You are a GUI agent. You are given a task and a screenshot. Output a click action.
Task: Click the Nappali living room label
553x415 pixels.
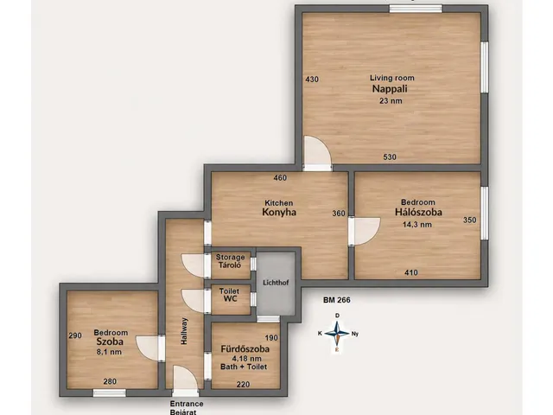(390, 88)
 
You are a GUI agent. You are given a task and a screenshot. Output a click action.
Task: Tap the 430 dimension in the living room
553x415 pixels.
(312, 80)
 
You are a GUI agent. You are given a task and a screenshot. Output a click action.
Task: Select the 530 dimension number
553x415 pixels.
(390, 157)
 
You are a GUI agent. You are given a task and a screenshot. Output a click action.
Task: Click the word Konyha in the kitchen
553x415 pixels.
(279, 212)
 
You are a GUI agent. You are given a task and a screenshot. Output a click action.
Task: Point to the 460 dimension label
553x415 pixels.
(280, 178)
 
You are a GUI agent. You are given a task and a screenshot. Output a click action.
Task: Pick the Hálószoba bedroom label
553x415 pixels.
(418, 212)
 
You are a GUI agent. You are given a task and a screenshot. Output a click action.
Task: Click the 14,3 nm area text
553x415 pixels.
(417, 225)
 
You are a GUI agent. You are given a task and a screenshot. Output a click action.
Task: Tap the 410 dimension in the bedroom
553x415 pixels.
(411, 272)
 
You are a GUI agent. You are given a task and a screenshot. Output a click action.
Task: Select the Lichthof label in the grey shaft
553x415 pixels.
(276, 283)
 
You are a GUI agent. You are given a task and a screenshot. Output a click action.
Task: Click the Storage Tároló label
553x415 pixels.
(230, 261)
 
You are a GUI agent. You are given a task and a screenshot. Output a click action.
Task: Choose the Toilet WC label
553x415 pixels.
(229, 295)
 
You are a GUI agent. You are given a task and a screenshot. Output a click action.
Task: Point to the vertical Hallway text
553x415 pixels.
(184, 331)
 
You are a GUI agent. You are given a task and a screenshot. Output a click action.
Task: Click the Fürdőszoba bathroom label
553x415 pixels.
(245, 349)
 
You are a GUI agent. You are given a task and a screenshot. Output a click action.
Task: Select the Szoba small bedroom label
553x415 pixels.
(110, 342)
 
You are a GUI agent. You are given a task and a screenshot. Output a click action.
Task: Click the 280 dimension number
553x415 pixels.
(110, 381)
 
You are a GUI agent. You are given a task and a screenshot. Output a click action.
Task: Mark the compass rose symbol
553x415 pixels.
(338, 333)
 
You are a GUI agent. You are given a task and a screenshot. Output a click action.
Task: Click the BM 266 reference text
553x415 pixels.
(337, 300)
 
